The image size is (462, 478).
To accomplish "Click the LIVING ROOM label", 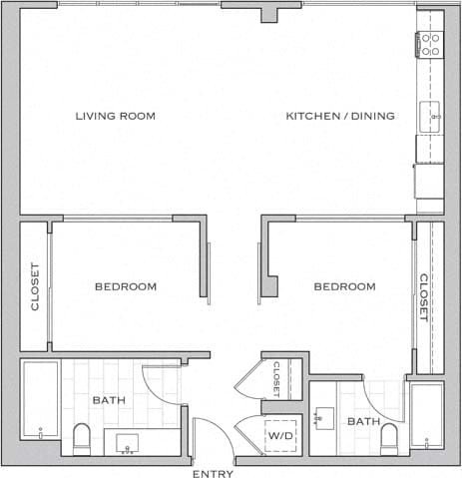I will pyautogui.click(x=116, y=116).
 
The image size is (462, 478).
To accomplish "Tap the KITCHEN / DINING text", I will pyautogui.click(x=340, y=116).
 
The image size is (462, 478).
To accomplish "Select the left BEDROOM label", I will pyautogui.click(x=126, y=287).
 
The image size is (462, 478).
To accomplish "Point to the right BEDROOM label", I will pyautogui.click(x=344, y=287).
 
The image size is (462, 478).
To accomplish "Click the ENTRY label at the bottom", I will pyautogui.click(x=212, y=472).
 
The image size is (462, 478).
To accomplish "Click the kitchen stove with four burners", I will pyautogui.click(x=430, y=43).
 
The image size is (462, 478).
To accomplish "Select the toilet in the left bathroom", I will pyautogui.click(x=82, y=437).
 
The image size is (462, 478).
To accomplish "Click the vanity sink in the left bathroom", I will pyautogui.click(x=128, y=441).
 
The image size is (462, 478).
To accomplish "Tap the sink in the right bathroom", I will pyautogui.click(x=324, y=417).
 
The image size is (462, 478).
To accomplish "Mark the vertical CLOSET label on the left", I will pyautogui.click(x=35, y=286).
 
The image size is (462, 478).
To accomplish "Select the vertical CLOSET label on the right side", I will pyautogui.click(x=423, y=296).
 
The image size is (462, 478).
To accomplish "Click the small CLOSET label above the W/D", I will pyautogui.click(x=276, y=378).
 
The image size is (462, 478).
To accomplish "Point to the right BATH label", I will pyautogui.click(x=362, y=422).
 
